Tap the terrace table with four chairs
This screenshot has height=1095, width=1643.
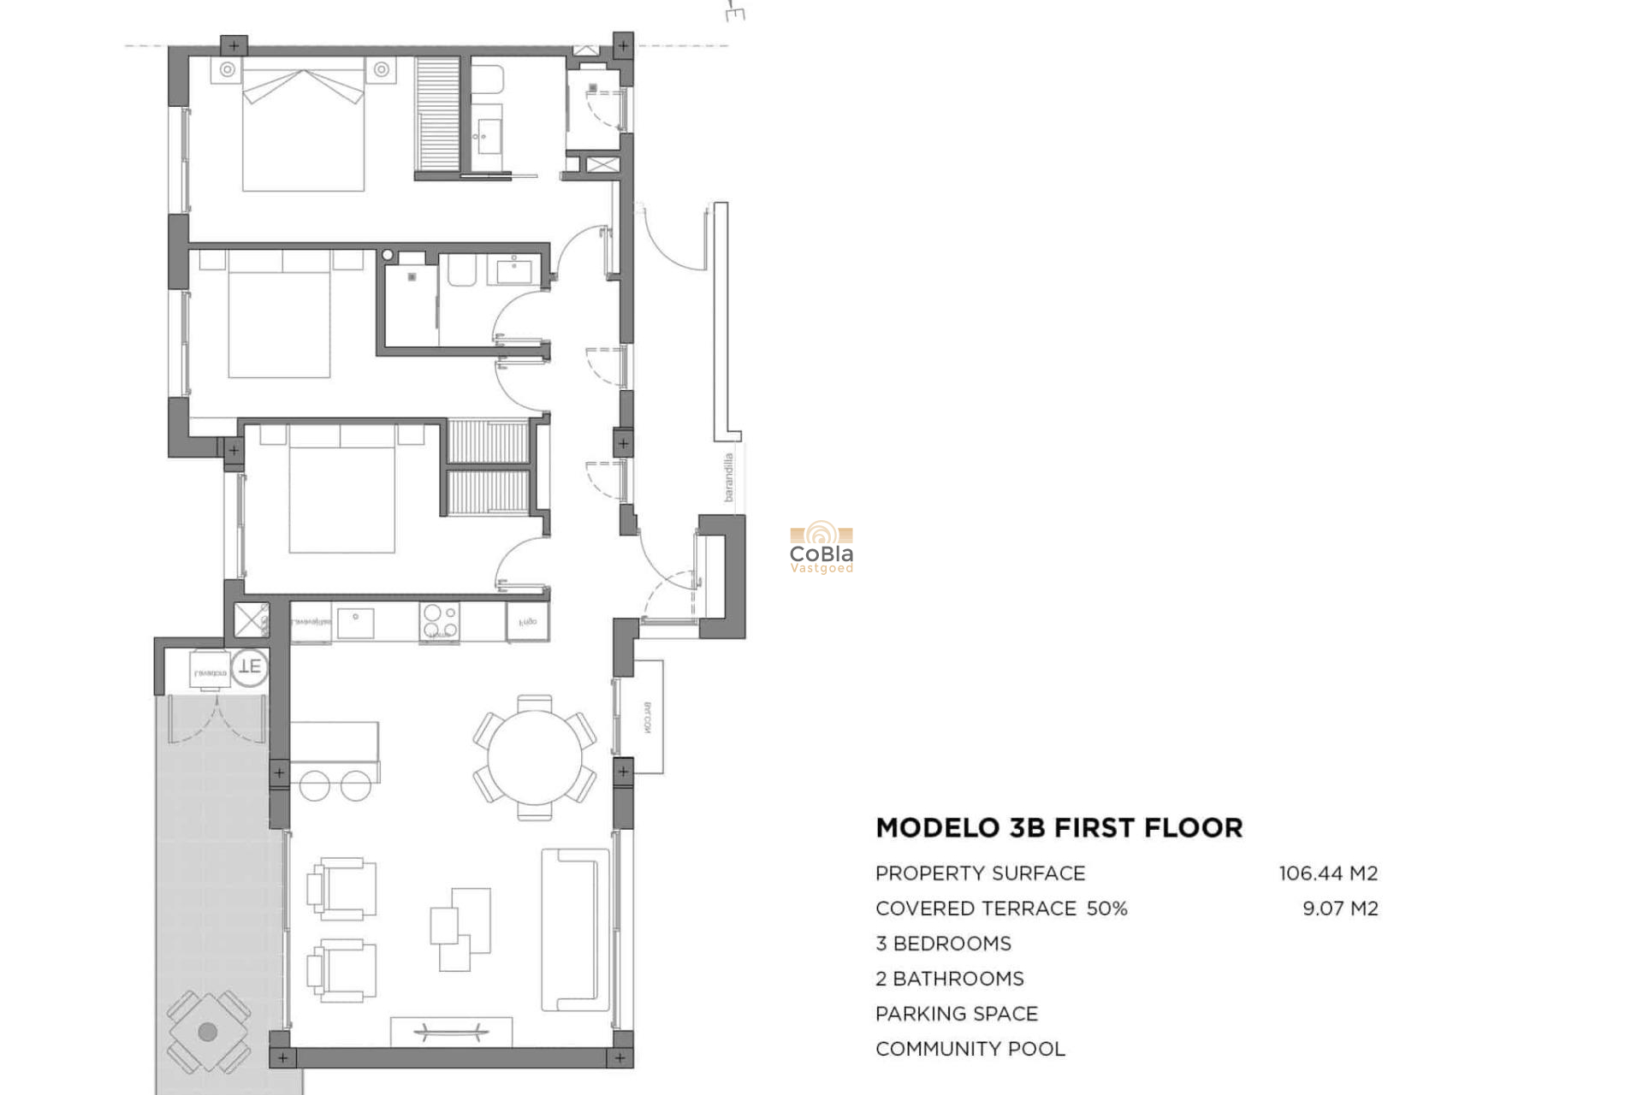(x=208, y=1032)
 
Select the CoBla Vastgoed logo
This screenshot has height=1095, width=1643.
(x=821, y=548)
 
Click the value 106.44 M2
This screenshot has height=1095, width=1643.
(x=1328, y=873)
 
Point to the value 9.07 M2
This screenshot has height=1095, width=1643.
(x=1340, y=909)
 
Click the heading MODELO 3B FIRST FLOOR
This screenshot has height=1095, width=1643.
(x=1059, y=828)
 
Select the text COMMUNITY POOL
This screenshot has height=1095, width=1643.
(x=970, y=1049)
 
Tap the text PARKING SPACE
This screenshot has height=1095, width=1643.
(x=956, y=1014)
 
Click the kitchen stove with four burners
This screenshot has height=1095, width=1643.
(x=439, y=622)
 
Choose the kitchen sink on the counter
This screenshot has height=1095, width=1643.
(x=355, y=622)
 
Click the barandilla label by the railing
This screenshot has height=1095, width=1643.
(x=728, y=477)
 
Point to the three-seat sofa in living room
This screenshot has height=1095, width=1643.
(x=575, y=929)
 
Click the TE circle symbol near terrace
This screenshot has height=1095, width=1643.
(x=250, y=666)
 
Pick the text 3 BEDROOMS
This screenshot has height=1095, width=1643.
(x=942, y=944)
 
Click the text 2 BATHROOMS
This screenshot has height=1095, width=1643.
(x=949, y=979)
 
